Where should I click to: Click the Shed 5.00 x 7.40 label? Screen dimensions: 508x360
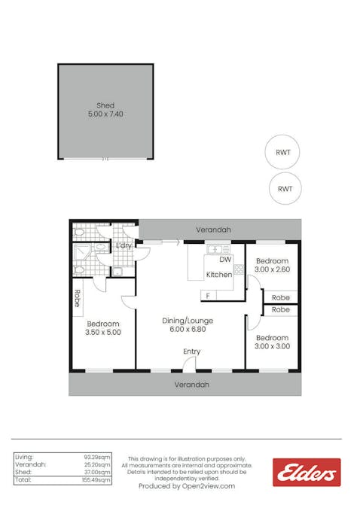point(105,110)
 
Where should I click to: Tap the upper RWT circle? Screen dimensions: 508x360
point(283,152)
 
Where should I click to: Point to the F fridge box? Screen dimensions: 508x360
point(209,295)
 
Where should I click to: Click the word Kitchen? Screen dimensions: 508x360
point(219,275)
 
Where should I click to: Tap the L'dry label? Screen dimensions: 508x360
point(124,246)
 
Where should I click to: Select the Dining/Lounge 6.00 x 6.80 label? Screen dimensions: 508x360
point(183,324)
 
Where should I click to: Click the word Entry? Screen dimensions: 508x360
point(192,351)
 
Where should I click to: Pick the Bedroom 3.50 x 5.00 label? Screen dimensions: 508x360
point(104,327)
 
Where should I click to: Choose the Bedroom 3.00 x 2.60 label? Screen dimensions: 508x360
point(272,264)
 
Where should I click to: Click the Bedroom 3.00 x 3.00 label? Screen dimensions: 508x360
point(272,342)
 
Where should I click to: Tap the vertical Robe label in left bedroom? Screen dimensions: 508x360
point(77,298)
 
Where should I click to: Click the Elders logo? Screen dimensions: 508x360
point(307,472)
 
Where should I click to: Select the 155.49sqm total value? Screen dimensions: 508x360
point(97,479)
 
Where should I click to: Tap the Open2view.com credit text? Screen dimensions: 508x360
point(187,486)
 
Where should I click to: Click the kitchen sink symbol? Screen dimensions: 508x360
point(218,248)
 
